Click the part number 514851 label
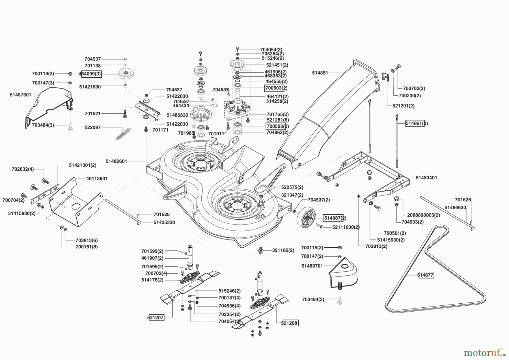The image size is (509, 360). [x=320, y=73]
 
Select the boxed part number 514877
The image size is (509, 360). [x=426, y=275]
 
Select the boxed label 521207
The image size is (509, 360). [x=156, y=318]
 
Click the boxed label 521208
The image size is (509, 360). [x=290, y=323]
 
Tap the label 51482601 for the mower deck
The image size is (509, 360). [x=116, y=161]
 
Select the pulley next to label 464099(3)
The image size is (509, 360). [x=126, y=74]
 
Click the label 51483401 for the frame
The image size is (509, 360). [x=426, y=178]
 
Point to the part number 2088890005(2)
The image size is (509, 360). [x=423, y=215]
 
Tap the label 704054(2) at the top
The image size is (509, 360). [x=271, y=49]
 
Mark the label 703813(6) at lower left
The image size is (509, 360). [x=87, y=240]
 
